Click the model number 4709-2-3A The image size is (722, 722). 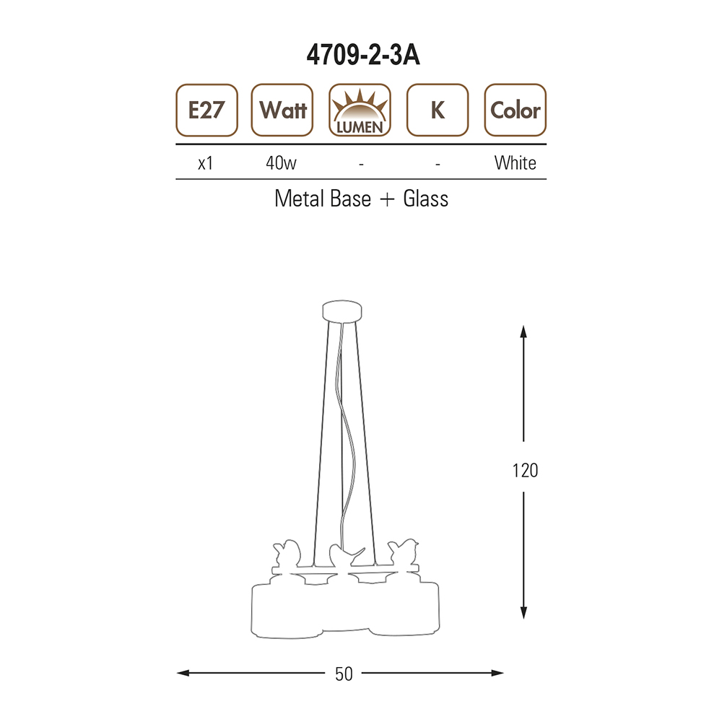tap(363, 56)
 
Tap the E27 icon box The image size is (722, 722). tap(206, 110)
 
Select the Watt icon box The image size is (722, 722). tap(282, 110)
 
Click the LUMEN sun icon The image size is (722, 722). tap(360, 110)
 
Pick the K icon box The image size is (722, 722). tap(438, 110)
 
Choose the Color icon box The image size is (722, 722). tap(516, 110)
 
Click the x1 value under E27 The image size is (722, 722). tap(205, 163)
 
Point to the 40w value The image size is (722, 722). tap(281, 163)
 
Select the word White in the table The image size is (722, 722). tap(516, 163)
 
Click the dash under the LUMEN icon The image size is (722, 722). tap(362, 164)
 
